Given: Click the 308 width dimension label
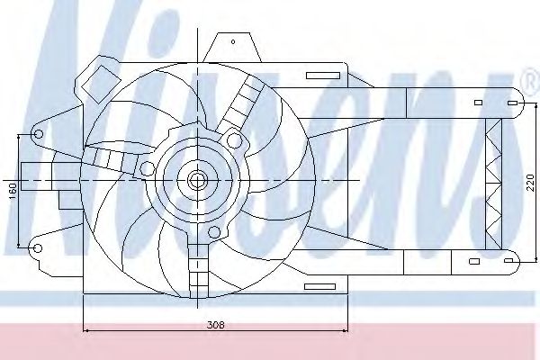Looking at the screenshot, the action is tap(216, 325).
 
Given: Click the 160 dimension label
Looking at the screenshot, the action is tap(13, 191).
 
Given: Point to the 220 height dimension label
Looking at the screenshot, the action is tap(531, 183).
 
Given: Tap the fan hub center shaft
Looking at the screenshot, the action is tap(197, 180).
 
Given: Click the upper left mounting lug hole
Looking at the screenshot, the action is tap(39, 134).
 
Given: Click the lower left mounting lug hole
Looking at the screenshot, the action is tap(38, 248).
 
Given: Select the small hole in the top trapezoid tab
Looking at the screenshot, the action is tap(233, 42).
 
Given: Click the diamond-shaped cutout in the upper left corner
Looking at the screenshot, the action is tap(101, 84).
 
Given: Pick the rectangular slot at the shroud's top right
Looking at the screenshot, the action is tap(323, 76).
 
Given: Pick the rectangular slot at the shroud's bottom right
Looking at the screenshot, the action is tap(319, 286).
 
